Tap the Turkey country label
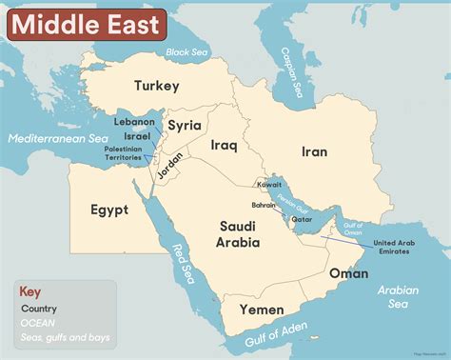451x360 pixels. [156, 87]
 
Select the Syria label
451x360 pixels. [185, 125]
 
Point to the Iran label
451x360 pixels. [314, 151]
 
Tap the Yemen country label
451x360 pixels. [262, 310]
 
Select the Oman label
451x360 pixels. [348, 273]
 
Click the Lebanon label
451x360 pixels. [134, 122]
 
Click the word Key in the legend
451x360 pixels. [30, 291]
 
